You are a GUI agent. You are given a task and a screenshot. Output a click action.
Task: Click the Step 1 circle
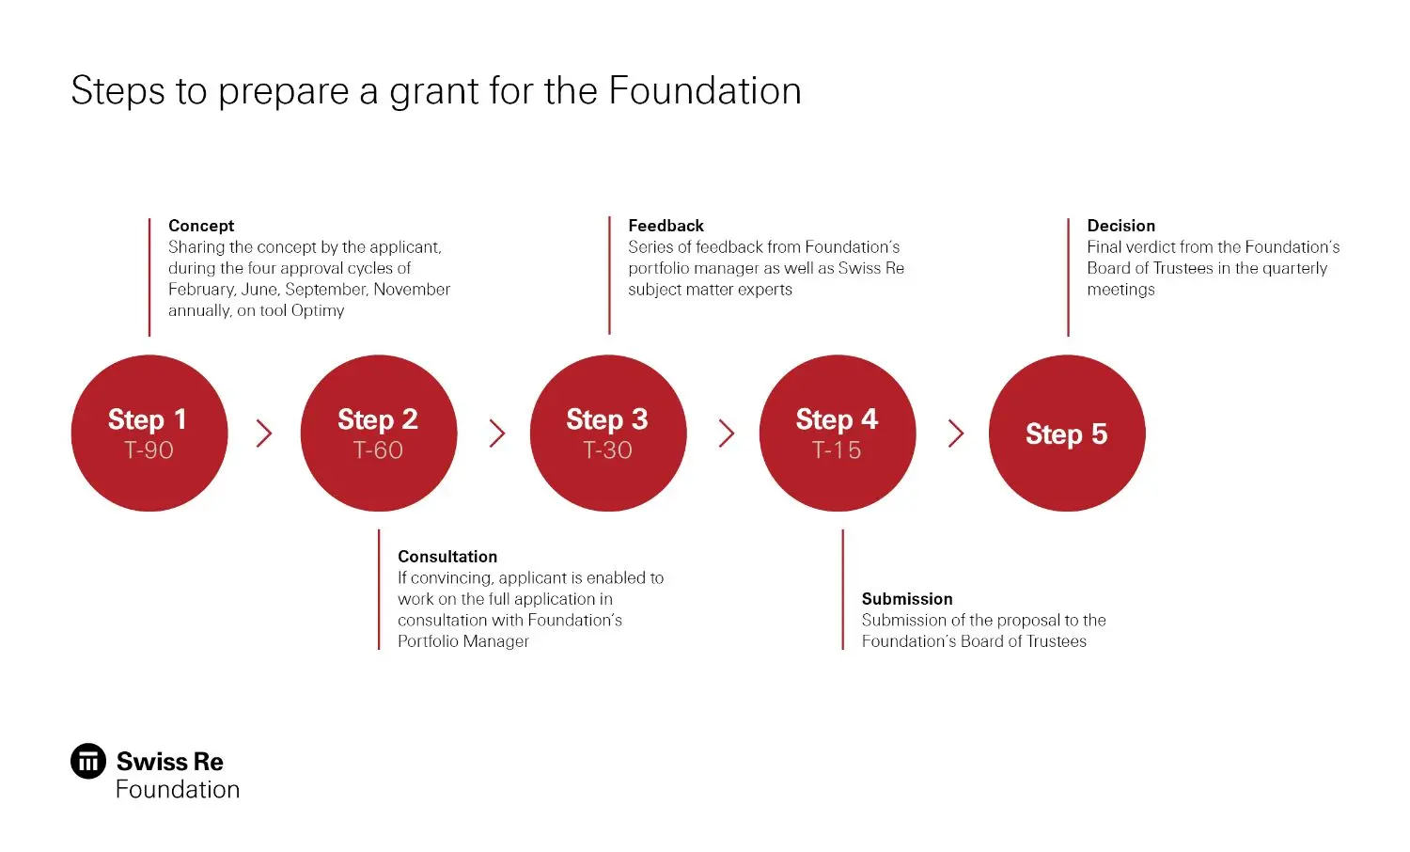point(149,433)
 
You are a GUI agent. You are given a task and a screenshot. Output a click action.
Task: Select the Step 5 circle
point(1066,433)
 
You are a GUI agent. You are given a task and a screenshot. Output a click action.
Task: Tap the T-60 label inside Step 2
point(378,450)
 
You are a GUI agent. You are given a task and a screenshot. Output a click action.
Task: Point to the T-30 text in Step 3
point(607,450)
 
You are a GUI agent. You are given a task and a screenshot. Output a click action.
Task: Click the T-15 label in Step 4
point(837,450)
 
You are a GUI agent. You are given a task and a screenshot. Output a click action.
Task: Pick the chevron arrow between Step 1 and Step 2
point(264,433)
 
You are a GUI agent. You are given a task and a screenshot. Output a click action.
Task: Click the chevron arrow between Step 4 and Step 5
point(956,433)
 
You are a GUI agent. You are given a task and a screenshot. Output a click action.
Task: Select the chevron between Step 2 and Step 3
point(497,433)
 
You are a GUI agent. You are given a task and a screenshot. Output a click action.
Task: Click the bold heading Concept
point(201,226)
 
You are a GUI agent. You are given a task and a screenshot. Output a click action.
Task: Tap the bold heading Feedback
point(666,226)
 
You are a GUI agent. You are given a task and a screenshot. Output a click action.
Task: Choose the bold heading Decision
point(1120,226)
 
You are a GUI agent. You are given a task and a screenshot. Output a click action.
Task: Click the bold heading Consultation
point(447,557)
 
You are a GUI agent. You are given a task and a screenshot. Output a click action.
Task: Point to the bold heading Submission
point(907,599)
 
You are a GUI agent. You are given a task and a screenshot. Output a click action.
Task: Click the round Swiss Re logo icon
point(88,761)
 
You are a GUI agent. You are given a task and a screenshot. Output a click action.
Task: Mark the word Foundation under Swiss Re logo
point(178,789)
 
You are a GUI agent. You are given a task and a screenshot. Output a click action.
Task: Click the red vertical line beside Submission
point(842,589)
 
